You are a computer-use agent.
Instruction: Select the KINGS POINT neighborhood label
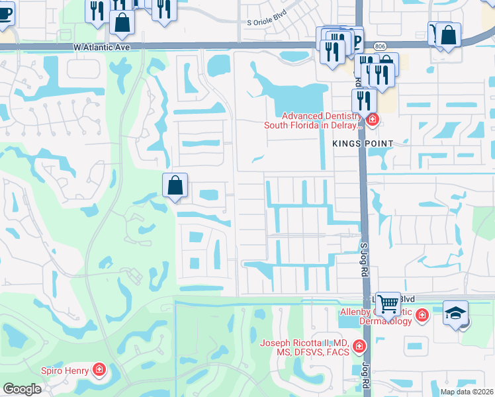(x=363, y=144)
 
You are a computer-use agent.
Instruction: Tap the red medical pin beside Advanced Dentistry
(x=373, y=120)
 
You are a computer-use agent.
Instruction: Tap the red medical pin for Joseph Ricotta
(x=359, y=346)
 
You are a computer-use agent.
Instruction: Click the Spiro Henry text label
(x=65, y=371)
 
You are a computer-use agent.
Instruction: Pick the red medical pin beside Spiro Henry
(x=99, y=369)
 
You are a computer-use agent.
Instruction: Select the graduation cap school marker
(x=455, y=312)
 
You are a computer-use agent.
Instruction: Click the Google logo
(x=22, y=388)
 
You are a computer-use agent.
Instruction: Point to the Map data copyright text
(x=467, y=392)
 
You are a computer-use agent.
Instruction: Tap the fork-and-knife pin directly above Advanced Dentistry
(x=363, y=100)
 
